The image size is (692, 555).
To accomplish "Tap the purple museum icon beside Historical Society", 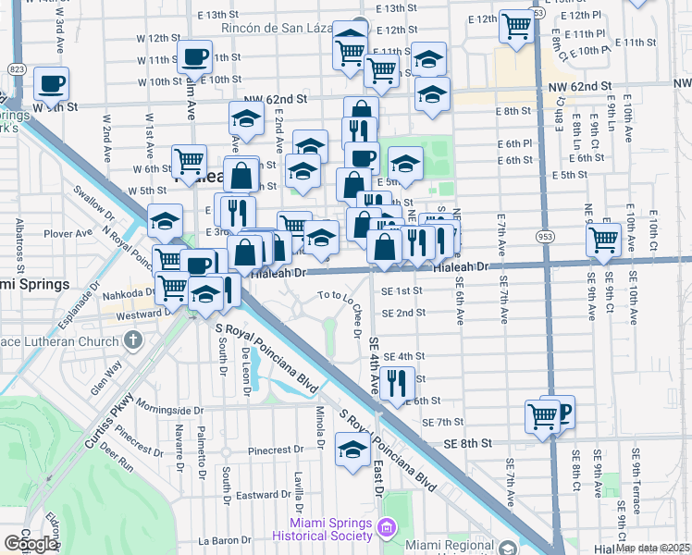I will point(387,528).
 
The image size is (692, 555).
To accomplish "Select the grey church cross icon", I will point(133,339).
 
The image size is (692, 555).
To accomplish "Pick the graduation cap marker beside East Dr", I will point(352,450).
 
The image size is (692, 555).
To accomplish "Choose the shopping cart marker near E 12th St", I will point(516,25).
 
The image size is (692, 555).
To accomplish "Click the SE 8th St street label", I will point(463,443).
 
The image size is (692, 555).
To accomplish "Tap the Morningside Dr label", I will point(168,408).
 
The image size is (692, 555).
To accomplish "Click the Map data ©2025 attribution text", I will point(652,548).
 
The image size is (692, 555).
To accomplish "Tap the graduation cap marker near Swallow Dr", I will point(165,220).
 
